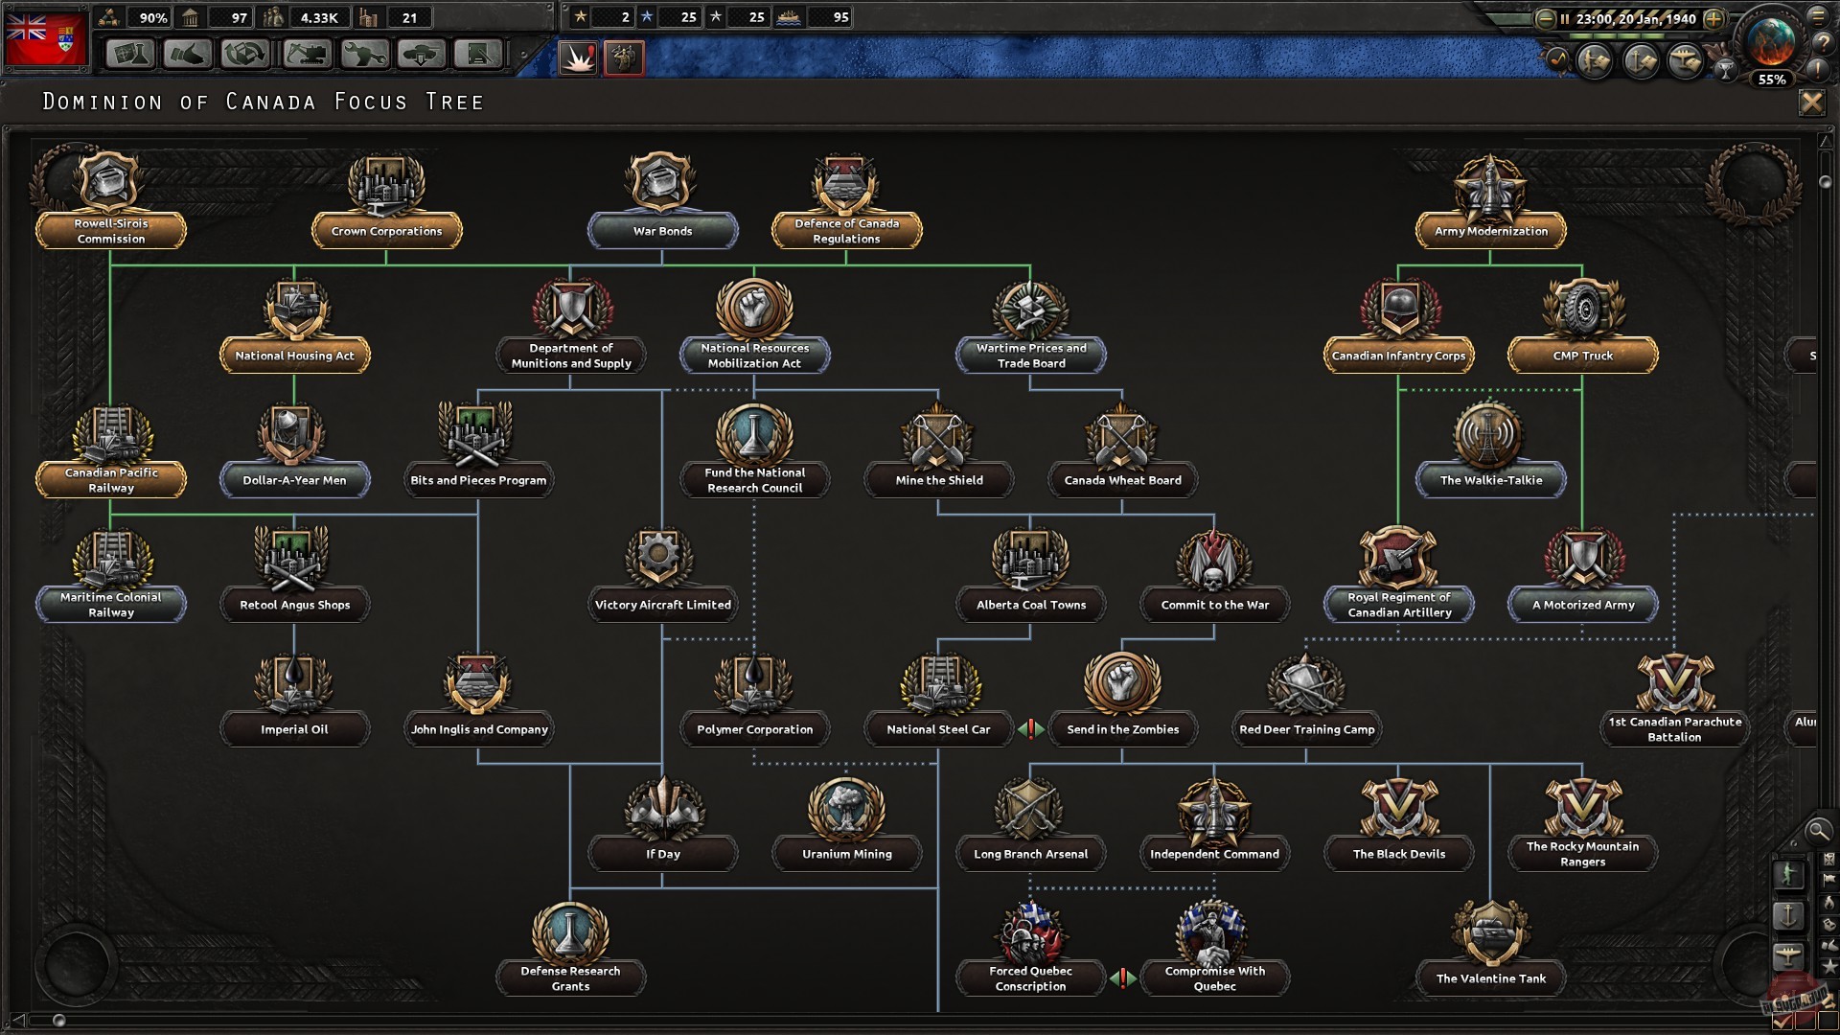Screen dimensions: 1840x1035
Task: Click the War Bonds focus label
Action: pos(662,231)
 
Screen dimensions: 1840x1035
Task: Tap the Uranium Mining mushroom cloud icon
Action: pos(846,807)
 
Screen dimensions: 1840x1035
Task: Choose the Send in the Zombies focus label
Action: pos(1122,729)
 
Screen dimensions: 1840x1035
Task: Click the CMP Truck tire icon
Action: pos(1583,309)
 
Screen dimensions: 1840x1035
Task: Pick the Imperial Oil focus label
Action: pos(294,729)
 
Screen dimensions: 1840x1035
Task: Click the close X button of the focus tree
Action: pos(1811,102)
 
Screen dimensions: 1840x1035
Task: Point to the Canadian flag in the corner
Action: pos(45,38)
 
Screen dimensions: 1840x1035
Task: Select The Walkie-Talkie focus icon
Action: pos(1490,434)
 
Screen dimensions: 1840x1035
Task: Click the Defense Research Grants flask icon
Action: pos(570,931)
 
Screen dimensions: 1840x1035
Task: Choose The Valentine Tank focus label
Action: pos(1490,978)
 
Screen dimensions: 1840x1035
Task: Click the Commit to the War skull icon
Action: pos(1214,560)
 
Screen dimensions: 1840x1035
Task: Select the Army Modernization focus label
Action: pos(1490,231)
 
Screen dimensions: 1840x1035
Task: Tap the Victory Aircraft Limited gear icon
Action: pos(659,556)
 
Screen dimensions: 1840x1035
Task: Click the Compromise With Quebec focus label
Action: pos(1214,978)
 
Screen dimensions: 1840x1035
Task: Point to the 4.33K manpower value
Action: pos(319,18)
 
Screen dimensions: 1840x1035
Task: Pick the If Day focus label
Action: pos(662,854)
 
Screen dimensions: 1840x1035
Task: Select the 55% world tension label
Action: pos(1771,80)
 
